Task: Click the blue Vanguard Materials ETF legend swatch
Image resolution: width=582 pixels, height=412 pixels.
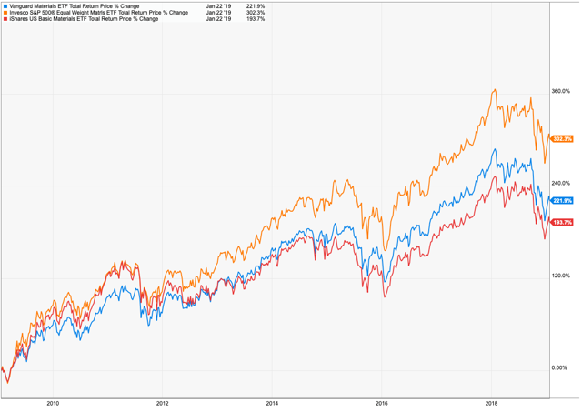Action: pos(4,6)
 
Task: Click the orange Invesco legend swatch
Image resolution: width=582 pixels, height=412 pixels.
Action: pos(4,13)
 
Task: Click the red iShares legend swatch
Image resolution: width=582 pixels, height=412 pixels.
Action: pos(4,19)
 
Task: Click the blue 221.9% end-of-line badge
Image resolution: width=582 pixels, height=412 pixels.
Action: pos(562,200)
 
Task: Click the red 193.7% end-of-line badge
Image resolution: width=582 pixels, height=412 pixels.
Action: pos(562,222)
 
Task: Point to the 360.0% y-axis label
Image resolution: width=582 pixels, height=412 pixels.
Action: pos(561,92)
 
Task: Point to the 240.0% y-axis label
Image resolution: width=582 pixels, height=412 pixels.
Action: pos(561,184)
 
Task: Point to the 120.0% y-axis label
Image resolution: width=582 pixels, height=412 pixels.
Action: pos(561,276)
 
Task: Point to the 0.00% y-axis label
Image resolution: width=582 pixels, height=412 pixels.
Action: pos(562,368)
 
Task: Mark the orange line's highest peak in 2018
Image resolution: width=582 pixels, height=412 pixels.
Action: pos(494,89)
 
